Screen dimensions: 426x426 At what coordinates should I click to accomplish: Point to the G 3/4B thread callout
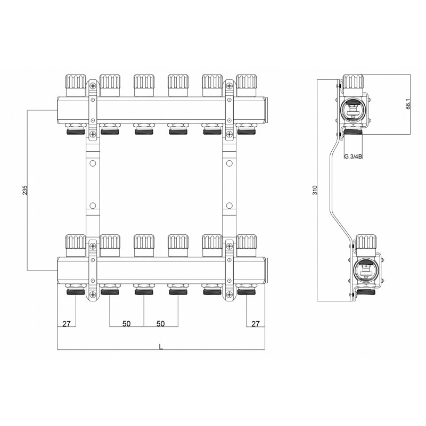point(353,157)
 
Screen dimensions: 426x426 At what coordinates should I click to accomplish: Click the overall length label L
point(161,346)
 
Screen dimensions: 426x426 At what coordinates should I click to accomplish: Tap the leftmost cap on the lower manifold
point(75,244)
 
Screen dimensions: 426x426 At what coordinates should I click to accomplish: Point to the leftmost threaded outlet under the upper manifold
point(75,129)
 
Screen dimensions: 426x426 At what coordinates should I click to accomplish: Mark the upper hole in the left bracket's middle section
point(92,164)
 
